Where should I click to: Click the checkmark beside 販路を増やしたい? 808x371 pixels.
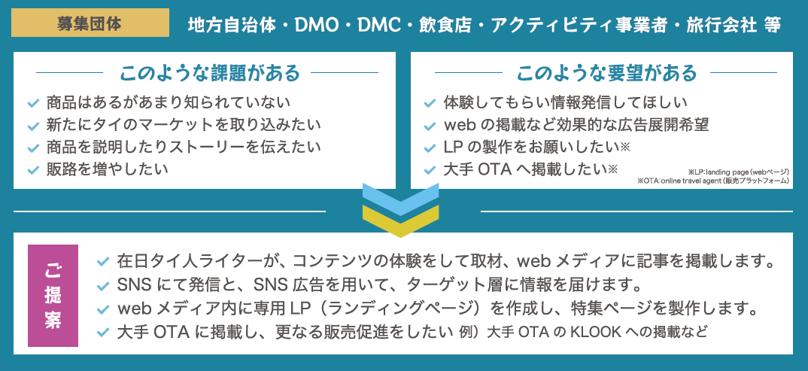(32, 170)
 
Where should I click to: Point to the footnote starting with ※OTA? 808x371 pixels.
(712, 181)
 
